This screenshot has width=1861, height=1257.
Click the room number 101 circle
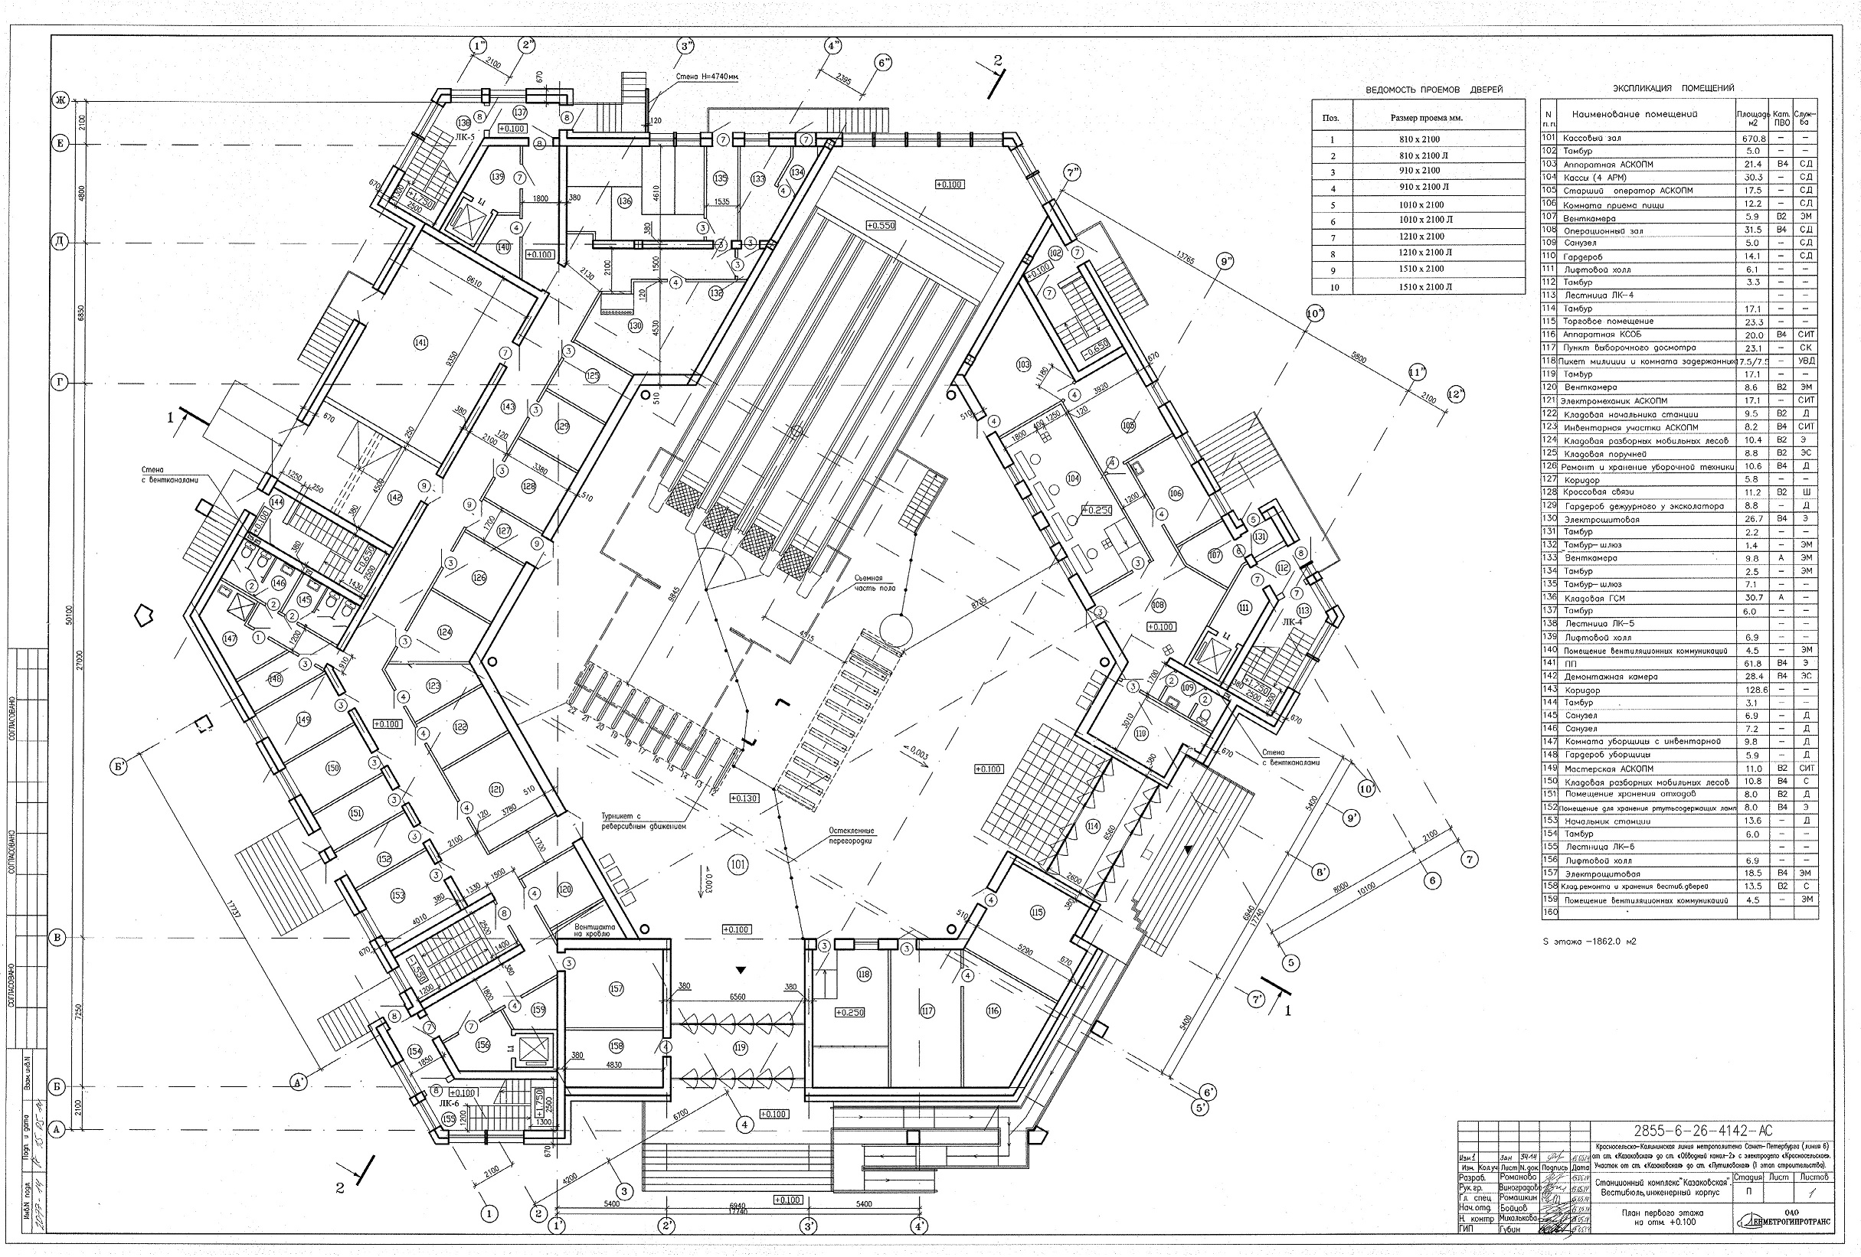(x=738, y=865)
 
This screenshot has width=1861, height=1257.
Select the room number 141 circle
(x=420, y=343)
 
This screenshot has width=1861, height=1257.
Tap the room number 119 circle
(x=739, y=1047)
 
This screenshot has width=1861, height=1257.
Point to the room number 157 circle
(x=616, y=990)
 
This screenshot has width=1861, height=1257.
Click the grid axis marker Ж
(x=59, y=101)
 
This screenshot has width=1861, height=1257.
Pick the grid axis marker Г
(x=59, y=382)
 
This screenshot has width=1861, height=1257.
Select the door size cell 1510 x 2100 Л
(x=1421, y=286)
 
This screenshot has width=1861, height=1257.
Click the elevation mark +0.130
(x=744, y=798)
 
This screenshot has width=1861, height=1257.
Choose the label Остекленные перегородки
(x=851, y=836)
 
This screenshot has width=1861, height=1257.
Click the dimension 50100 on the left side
(x=70, y=616)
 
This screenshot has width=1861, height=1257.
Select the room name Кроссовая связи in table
(x=1594, y=492)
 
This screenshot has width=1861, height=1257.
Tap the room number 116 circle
(x=993, y=1011)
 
